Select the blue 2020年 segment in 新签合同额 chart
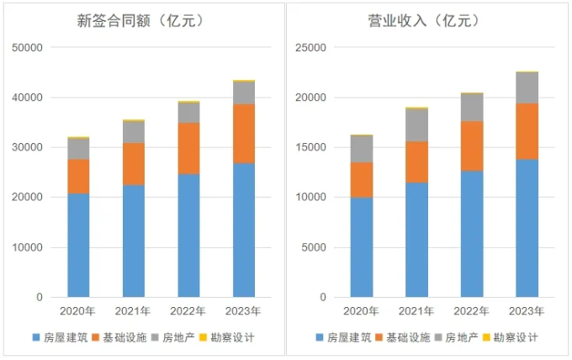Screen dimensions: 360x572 click(78, 245)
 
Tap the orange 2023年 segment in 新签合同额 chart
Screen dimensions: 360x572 click(244, 134)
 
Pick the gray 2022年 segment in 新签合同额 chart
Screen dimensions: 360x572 click(188, 113)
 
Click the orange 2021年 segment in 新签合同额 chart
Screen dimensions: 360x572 click(133, 164)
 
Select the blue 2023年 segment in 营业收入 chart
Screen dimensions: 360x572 click(527, 228)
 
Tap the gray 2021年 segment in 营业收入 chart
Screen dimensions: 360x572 click(416, 125)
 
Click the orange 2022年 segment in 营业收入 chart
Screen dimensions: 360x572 click(472, 146)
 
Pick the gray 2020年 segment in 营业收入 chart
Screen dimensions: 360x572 click(361, 149)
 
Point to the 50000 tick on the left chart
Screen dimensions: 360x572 click(28, 48)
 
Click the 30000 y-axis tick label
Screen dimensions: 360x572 click(28, 147)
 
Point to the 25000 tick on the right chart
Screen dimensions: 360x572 click(312, 48)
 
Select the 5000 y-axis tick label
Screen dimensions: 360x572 click(315, 247)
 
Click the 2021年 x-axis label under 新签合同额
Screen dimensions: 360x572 click(133, 311)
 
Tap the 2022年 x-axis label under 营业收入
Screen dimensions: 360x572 click(472, 311)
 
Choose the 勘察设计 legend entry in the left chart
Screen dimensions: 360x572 click(227, 337)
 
